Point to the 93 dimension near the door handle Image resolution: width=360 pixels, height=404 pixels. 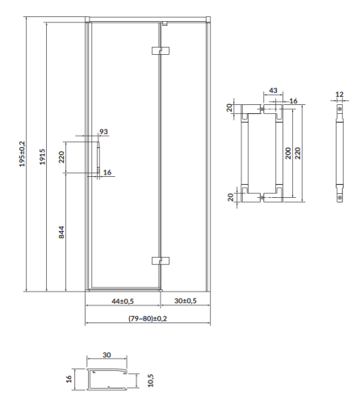(x=103, y=133)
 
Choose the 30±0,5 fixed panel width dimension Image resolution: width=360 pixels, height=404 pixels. (x=186, y=301)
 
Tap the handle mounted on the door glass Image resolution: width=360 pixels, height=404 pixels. (x=98, y=158)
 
